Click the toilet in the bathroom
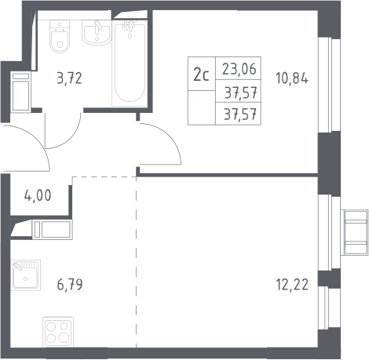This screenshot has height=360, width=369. coord(60,36)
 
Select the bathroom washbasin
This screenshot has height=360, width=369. coord(97,32)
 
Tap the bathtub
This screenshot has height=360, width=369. coord(130,64)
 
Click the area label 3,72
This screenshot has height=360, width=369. coord(70,78)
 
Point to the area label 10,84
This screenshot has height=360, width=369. coord(292,78)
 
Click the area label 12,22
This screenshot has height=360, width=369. coord(292,285)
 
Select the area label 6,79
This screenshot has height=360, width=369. coord(70,285)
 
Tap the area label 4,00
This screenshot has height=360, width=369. coord(38,195)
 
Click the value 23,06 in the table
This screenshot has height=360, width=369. coord(239,69)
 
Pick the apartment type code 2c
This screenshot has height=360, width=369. coord(201,75)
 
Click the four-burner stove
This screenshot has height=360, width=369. coord(58,332)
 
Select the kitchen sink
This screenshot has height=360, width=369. coord(26,275)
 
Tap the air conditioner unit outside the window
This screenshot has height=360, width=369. coord(355,232)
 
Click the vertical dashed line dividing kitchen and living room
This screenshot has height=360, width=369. coord(136,262)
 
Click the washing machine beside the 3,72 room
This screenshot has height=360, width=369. coord(20,92)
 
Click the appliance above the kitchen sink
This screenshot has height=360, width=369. coord(53,230)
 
